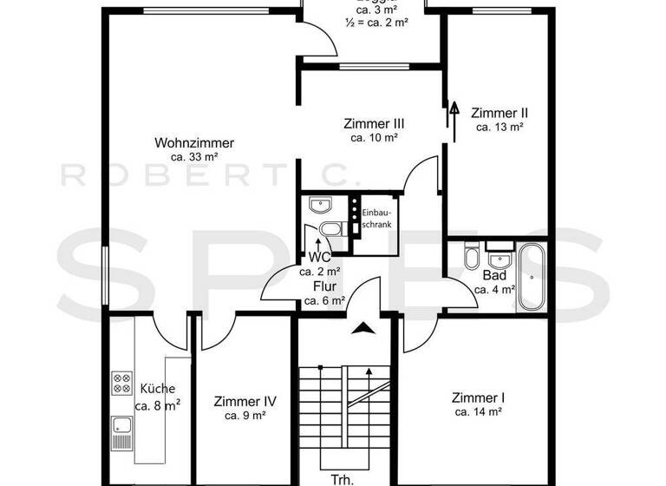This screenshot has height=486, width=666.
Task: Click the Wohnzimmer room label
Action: coord(194,143)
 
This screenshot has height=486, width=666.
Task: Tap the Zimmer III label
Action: coord(374,123)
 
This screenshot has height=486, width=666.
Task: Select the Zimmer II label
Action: coord(499,113)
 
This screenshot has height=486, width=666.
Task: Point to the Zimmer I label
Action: coord(479,397)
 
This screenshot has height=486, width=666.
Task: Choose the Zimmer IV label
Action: coord(245,401)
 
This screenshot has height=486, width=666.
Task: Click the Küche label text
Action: coord(157,389)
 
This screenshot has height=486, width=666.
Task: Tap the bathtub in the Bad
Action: coord(530,278)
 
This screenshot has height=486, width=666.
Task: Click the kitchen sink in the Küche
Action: coord(121,425)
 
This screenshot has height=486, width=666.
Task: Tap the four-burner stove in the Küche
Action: coord(121,383)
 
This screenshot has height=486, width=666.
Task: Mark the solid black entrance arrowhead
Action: coord(364,327)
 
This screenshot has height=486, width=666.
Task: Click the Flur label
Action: coord(313,286)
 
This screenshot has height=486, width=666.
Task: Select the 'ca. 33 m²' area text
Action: coord(194,157)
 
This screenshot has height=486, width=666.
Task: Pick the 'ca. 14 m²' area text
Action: coord(479,412)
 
